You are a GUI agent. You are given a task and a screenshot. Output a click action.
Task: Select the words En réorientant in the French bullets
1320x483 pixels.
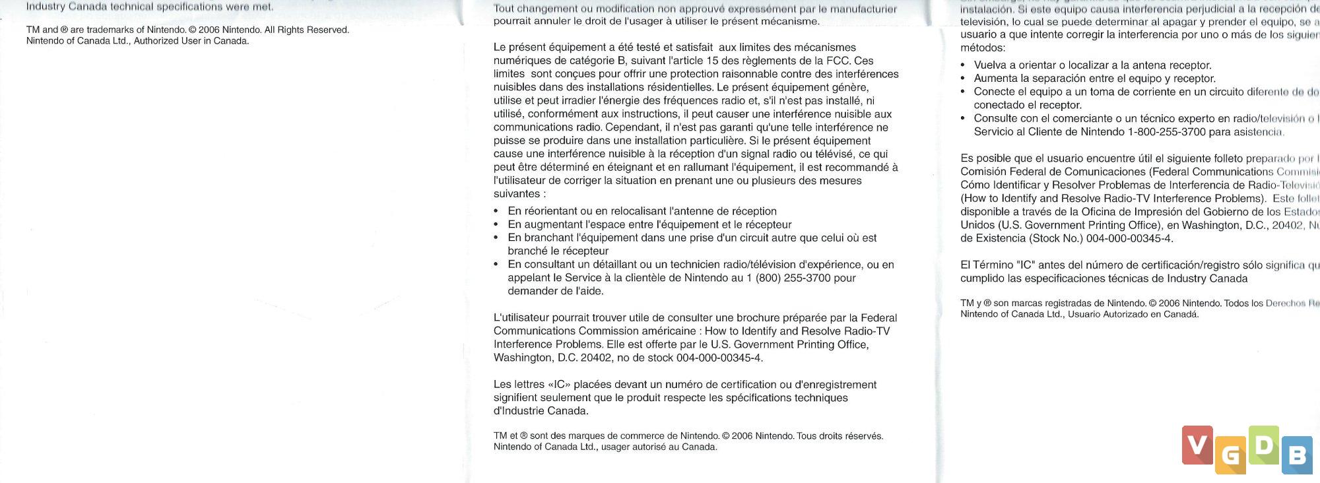pyautogui.click(x=542, y=211)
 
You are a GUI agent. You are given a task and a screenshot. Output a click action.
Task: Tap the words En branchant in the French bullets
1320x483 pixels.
pyautogui.click(x=541, y=238)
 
